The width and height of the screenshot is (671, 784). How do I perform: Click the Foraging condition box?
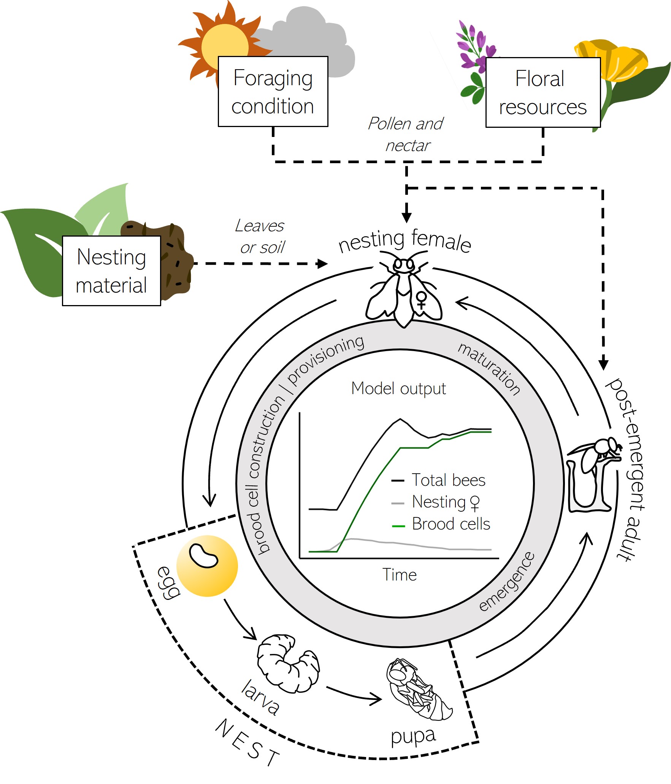point(273,92)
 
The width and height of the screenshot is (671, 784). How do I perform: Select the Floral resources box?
point(543,92)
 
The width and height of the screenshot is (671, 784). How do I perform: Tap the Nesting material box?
point(111,270)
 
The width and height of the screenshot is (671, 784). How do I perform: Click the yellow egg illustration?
point(207,566)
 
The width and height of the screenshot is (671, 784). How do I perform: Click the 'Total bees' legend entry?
point(439,480)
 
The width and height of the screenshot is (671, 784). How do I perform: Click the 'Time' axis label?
point(399,574)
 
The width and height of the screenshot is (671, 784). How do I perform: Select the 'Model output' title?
point(398,388)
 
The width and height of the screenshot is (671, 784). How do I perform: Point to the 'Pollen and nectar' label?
point(406,134)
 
